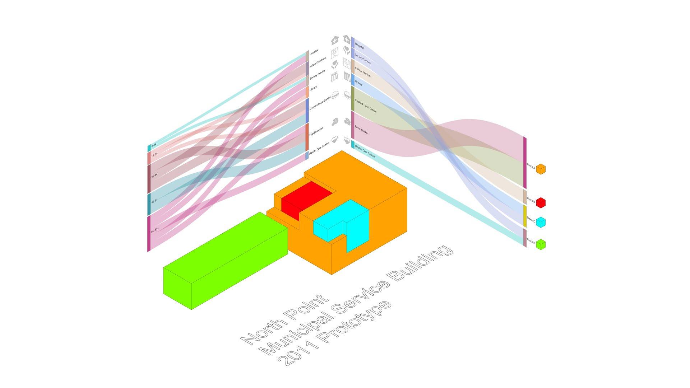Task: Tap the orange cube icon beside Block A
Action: pyautogui.click(x=541, y=169)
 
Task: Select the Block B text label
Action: pyautogui.click(x=531, y=200)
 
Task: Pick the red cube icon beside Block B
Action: pyautogui.click(x=541, y=202)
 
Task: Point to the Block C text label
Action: pyautogui.click(x=531, y=219)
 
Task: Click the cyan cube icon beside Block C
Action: pyautogui.click(x=541, y=223)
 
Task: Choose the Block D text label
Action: pyautogui.click(x=531, y=241)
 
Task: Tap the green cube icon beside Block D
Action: pyautogui.click(x=541, y=245)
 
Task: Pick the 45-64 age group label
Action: pyautogui.click(x=154, y=201)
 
